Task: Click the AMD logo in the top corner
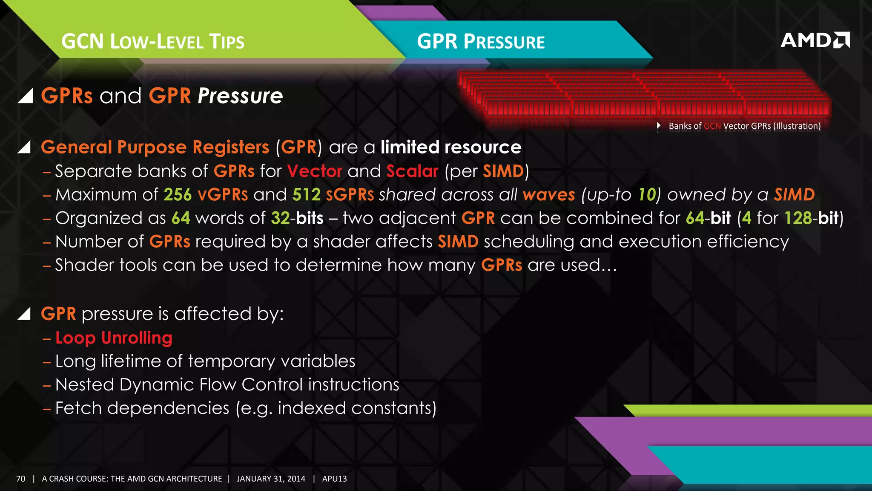point(815,40)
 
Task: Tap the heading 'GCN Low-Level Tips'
point(153,42)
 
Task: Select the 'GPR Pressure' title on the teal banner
point(481,42)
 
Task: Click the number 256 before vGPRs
point(178,195)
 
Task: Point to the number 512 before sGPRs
point(306,195)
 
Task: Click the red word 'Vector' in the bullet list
point(315,171)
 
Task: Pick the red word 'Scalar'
point(412,171)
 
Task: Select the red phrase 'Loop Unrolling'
point(114,338)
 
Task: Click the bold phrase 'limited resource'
point(451,147)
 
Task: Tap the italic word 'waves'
point(549,195)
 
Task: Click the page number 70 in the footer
point(21,479)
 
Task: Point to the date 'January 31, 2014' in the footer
point(271,479)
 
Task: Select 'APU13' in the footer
point(334,479)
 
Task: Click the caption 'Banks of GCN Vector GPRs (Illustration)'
point(744,126)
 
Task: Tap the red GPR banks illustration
point(643,96)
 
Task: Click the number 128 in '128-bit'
point(798,218)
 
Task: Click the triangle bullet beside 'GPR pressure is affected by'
point(24,314)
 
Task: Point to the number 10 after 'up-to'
point(646,195)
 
